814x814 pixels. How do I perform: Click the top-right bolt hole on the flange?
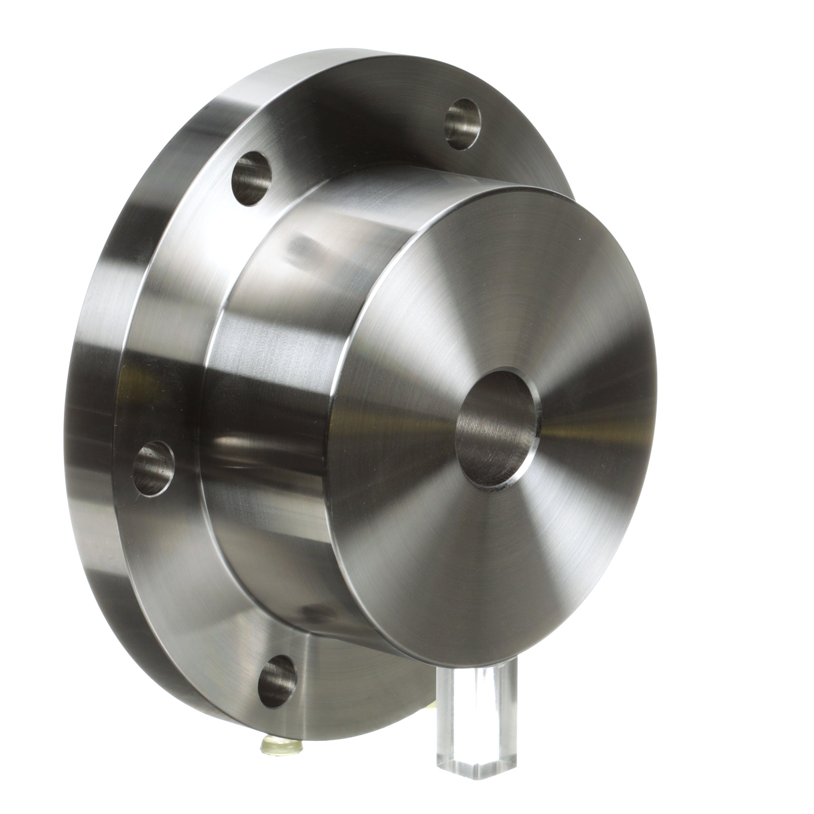(463, 124)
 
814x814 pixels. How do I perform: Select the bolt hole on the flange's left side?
(153, 468)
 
